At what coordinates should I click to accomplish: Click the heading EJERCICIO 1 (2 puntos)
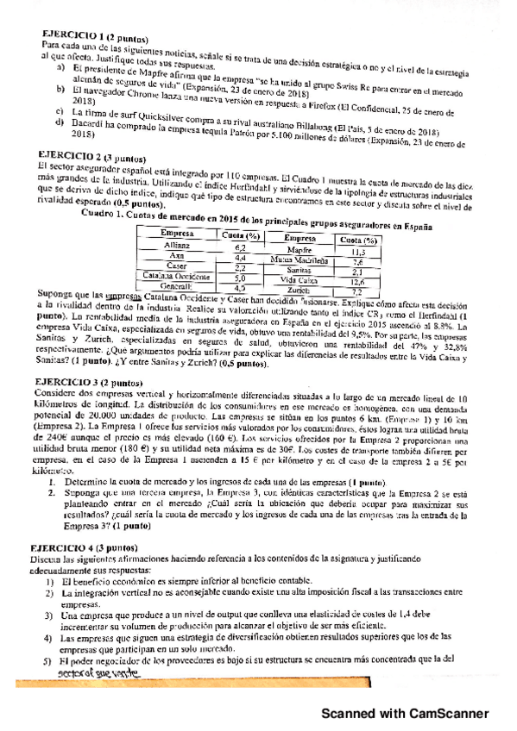(x=96, y=39)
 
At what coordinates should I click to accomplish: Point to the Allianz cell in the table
(x=177, y=247)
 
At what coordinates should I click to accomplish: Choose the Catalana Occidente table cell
(x=174, y=278)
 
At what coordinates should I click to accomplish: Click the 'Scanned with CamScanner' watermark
(x=405, y=713)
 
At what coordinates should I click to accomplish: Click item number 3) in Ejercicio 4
(x=50, y=616)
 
